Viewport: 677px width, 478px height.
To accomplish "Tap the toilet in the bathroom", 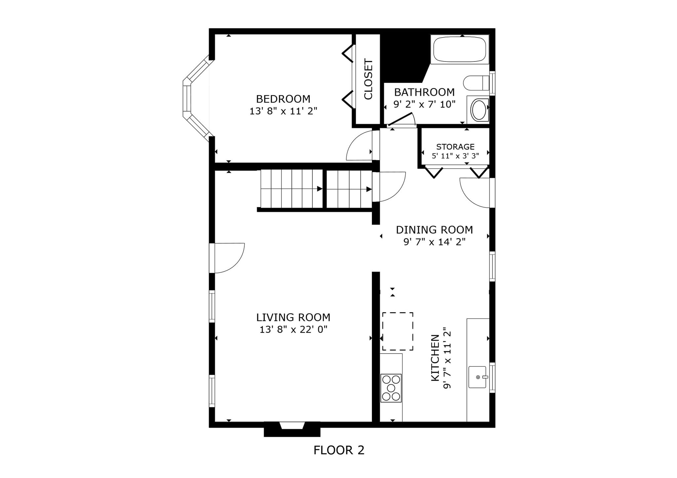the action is [x=476, y=83].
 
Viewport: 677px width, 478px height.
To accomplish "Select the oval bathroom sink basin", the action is [x=478, y=110].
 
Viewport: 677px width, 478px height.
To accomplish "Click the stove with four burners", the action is [x=391, y=388].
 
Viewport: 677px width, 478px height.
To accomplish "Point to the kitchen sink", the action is [x=477, y=377].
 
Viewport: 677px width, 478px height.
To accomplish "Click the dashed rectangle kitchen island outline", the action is [x=398, y=331].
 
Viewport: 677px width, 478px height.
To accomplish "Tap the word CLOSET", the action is [x=368, y=79].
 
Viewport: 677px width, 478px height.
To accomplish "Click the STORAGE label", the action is [x=455, y=147].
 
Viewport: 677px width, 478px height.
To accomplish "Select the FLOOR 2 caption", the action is [x=339, y=450].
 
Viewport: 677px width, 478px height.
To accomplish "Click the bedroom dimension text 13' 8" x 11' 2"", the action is [x=283, y=111].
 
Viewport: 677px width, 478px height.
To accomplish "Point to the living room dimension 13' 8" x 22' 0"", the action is [x=293, y=329].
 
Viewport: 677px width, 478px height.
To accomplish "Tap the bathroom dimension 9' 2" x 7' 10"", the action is [x=424, y=104].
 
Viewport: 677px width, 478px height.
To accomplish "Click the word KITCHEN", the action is [x=435, y=358].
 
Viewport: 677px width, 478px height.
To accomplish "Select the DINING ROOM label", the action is [x=434, y=230].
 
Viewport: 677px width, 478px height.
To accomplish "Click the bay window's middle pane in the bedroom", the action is [x=187, y=99].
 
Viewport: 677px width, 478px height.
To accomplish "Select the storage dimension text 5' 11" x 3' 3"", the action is [x=455, y=156].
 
